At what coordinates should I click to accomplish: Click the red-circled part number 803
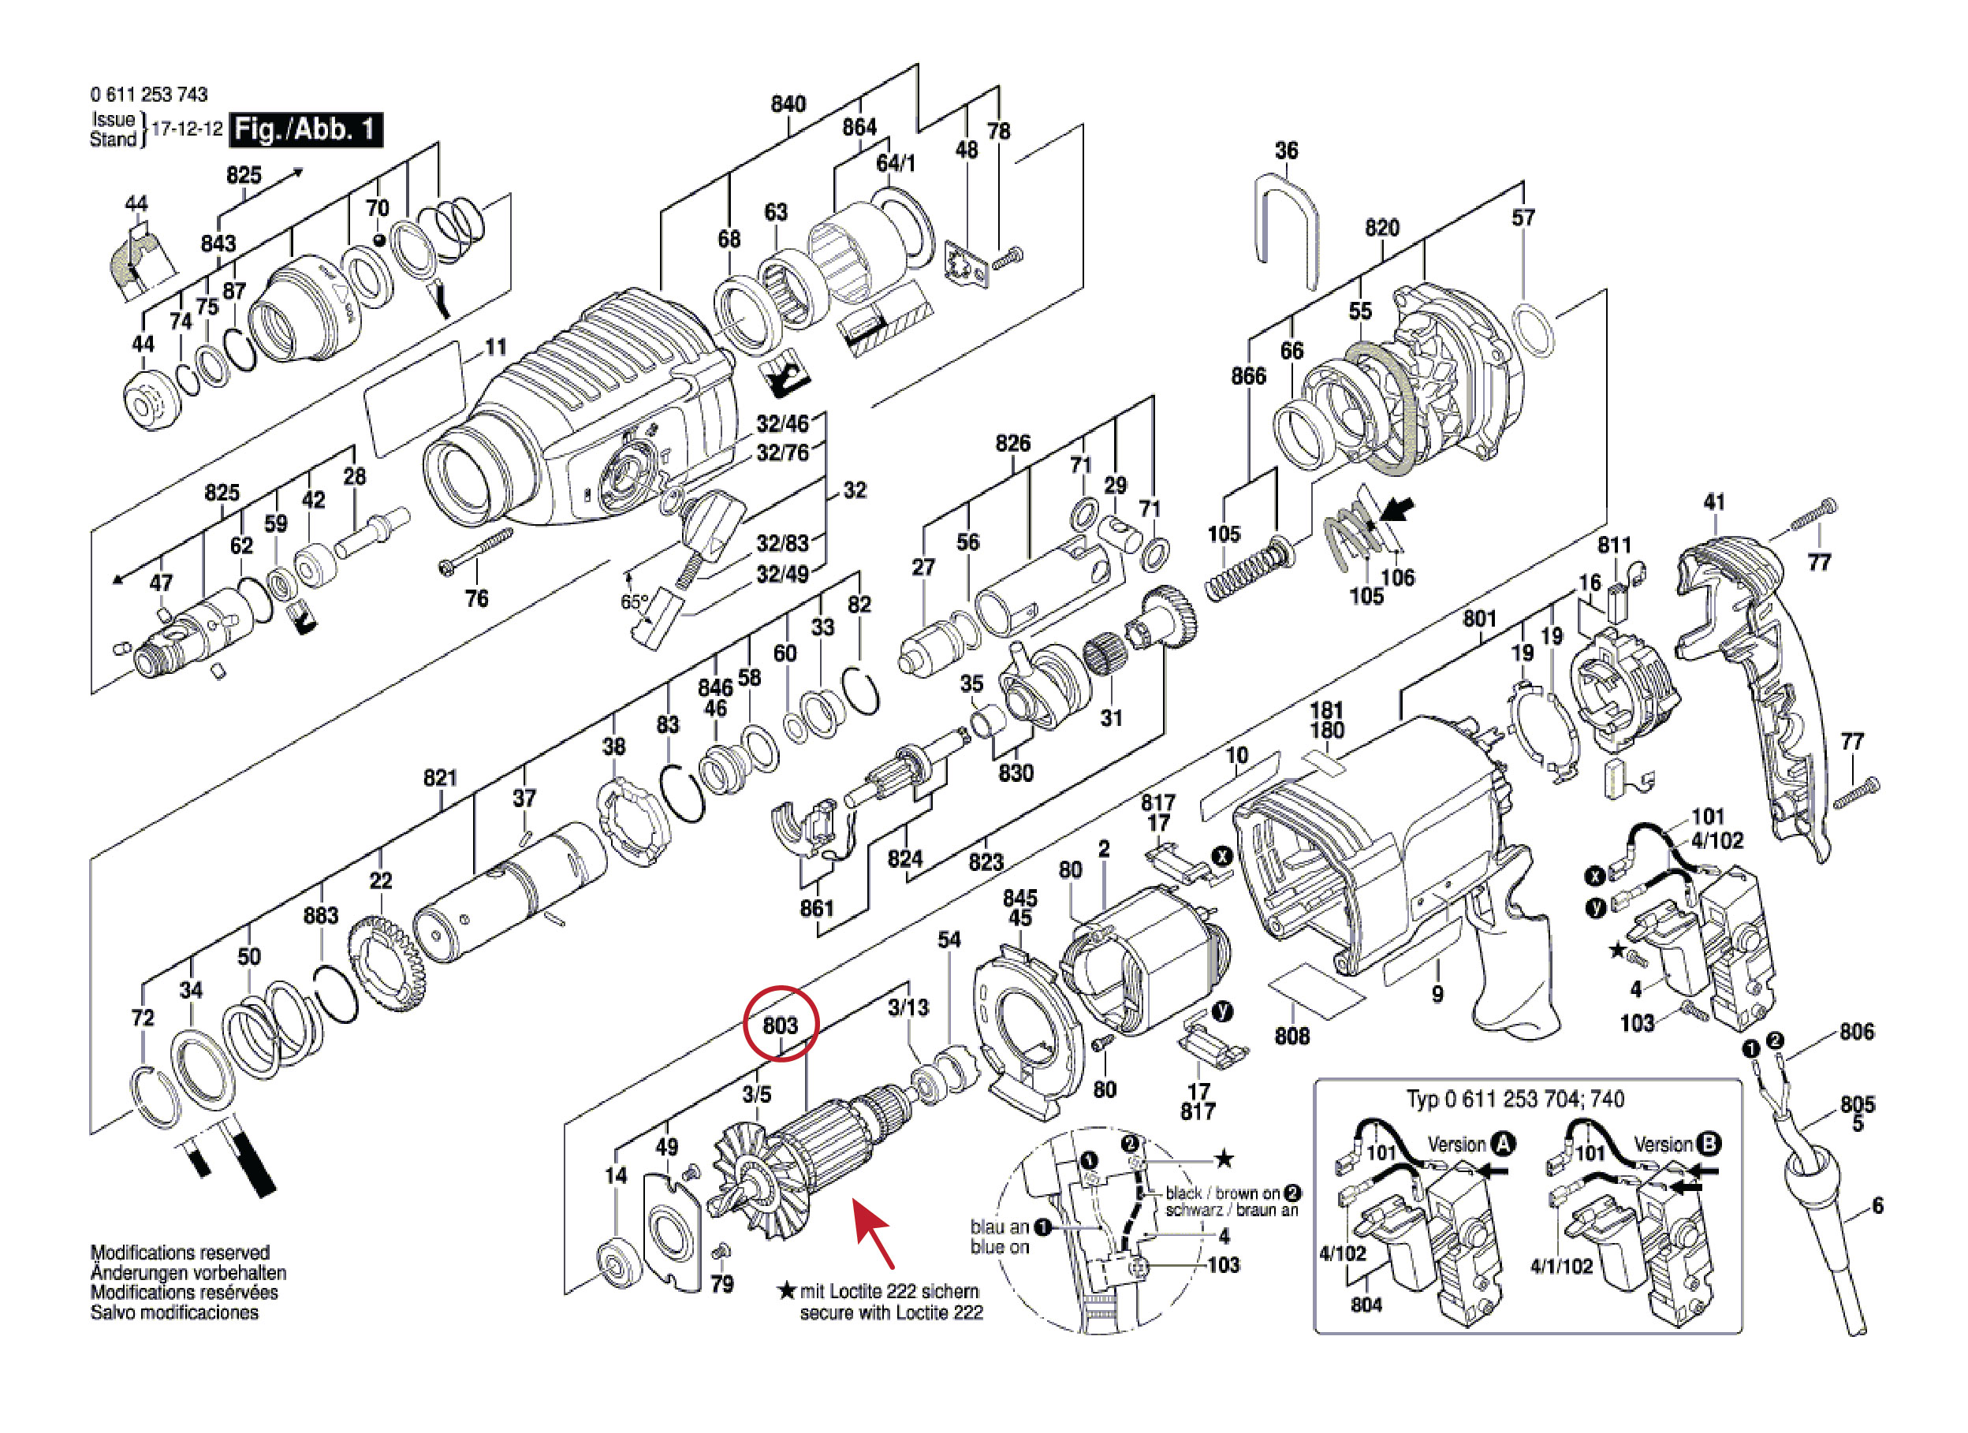[x=780, y=1025]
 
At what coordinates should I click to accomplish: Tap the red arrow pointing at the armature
[x=873, y=1232]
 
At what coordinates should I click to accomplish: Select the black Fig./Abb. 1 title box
[x=305, y=130]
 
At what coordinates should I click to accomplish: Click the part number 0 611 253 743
[x=148, y=95]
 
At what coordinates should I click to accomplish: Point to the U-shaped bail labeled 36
[x=1287, y=229]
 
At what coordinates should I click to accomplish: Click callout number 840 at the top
[x=788, y=104]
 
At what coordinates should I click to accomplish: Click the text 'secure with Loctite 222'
[x=891, y=1312]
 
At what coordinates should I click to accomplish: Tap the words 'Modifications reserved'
[x=180, y=1252]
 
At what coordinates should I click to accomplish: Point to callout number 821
[x=440, y=778]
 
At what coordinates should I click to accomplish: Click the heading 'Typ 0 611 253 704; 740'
[x=1527, y=1099]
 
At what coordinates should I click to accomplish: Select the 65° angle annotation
[x=634, y=601]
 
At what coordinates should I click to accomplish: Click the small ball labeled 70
[x=378, y=240]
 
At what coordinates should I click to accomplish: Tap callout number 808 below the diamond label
[x=1292, y=1035]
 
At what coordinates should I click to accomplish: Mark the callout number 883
[x=320, y=915]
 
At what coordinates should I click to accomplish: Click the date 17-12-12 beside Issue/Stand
[x=188, y=129]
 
